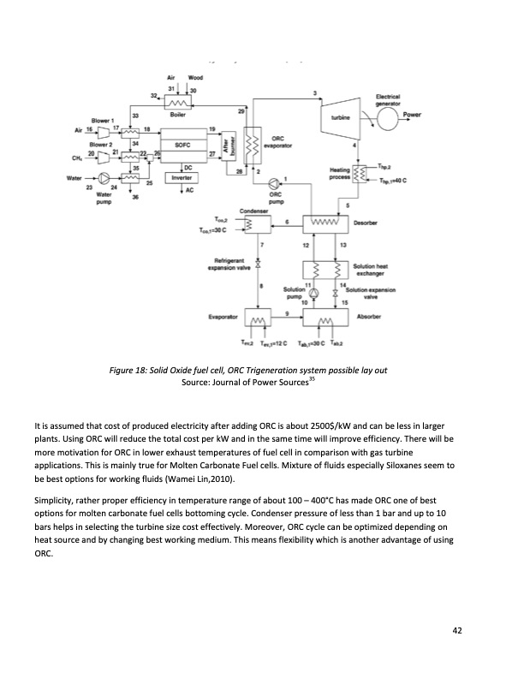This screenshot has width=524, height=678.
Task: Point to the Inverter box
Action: pyautogui.click(x=181, y=177)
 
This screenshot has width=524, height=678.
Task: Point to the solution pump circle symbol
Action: pyautogui.click(x=313, y=294)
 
